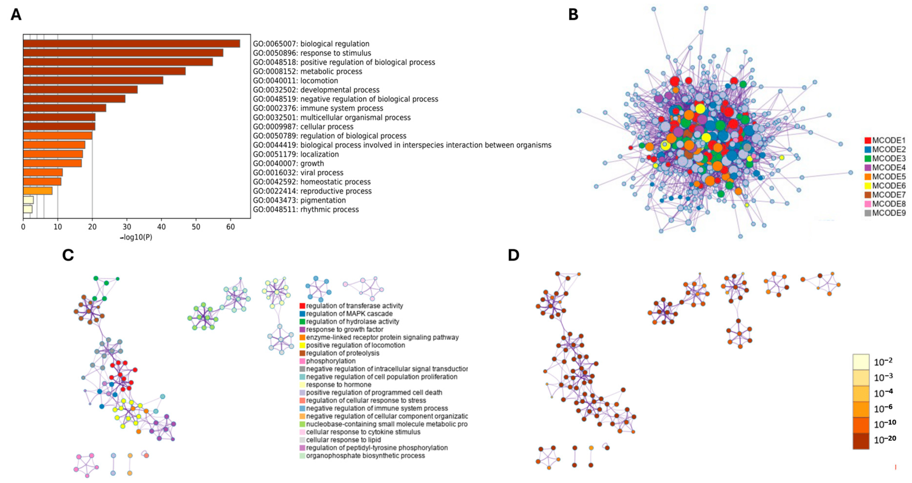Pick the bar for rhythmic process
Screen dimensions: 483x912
click(x=28, y=209)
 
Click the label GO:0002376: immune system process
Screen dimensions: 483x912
click(x=318, y=108)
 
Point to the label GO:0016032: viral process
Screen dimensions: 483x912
click(x=298, y=173)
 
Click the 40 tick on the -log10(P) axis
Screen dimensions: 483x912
click(x=162, y=227)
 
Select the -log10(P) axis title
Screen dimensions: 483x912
click(x=136, y=237)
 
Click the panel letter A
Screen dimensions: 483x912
click(x=16, y=15)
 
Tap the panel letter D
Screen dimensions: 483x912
click(x=513, y=255)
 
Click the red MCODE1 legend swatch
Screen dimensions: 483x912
click(x=868, y=140)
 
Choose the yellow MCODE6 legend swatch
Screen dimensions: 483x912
click(x=868, y=186)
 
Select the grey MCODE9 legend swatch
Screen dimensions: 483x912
click(x=868, y=213)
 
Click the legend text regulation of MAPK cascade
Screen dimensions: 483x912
click(x=349, y=314)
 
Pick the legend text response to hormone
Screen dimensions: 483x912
click(x=338, y=385)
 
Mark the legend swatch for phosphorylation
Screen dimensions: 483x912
click(x=302, y=361)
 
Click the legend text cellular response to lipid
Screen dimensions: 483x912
click(x=343, y=440)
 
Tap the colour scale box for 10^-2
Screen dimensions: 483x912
click(x=861, y=362)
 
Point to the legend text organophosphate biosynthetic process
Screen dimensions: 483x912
click(x=365, y=456)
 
